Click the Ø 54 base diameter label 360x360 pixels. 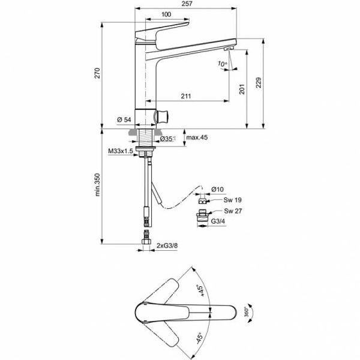[x=125, y=120]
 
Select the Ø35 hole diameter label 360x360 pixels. [x=167, y=139]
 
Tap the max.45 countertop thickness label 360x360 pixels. [x=196, y=137]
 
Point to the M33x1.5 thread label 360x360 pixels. [x=120, y=151]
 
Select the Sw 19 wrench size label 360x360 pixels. [x=232, y=200]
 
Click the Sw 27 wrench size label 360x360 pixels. [x=232, y=211]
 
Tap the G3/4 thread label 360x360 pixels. [x=218, y=221]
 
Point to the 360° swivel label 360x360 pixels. [x=247, y=313]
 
